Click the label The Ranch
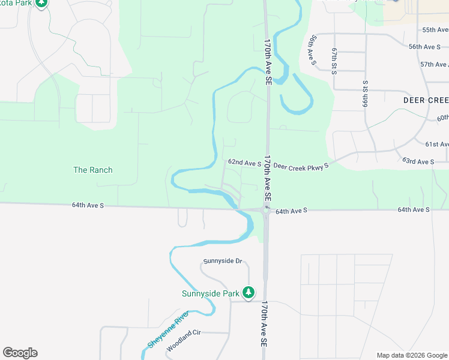pos(92,170)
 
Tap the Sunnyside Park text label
pos(211,293)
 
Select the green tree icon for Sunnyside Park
pos(249,293)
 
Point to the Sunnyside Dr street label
pos(222,261)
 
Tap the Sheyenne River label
pos(168,329)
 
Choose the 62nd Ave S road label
pos(244,163)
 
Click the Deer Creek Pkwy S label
pos(301,166)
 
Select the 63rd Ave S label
pos(418,161)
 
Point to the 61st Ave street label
pos(436,144)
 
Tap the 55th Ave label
pos(435,29)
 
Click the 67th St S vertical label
pos(334,59)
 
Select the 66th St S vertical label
pos(364,94)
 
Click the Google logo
pos(20,353)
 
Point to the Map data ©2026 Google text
pos(411,355)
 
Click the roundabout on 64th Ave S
pos(265,209)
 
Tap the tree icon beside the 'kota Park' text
pos(41,3)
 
